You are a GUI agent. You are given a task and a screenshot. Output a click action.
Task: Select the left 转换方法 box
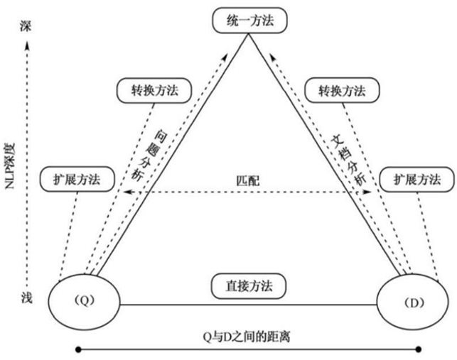tap(148, 91)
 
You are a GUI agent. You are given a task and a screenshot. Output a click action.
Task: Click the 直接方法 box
tap(249, 286)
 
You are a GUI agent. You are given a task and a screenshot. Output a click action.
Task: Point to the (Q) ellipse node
tap(84, 300)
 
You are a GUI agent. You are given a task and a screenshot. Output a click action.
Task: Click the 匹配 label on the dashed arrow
tap(249, 181)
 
